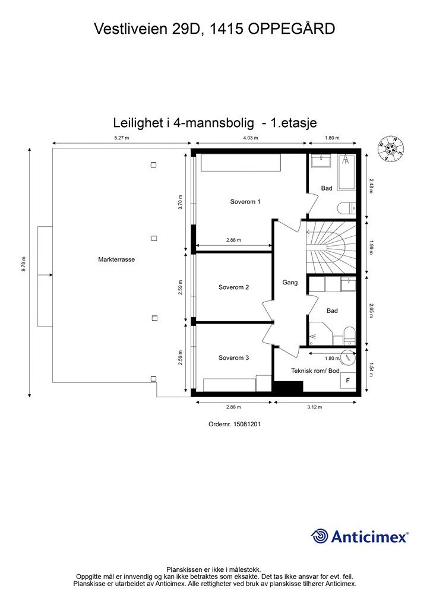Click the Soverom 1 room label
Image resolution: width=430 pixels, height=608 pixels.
click(x=245, y=202)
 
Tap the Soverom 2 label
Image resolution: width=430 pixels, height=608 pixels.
click(x=233, y=287)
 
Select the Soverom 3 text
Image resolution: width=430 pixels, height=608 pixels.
click(x=233, y=358)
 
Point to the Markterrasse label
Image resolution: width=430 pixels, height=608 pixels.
click(x=116, y=259)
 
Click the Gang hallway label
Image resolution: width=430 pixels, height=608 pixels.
click(x=290, y=283)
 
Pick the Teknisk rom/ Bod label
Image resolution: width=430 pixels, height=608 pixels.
click(x=315, y=371)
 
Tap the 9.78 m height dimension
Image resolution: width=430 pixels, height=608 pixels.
click(x=24, y=264)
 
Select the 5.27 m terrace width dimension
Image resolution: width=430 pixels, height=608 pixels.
click(x=121, y=138)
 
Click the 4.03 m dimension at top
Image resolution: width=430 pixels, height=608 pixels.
click(x=251, y=138)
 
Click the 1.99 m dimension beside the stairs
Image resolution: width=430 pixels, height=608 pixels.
click(x=371, y=247)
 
